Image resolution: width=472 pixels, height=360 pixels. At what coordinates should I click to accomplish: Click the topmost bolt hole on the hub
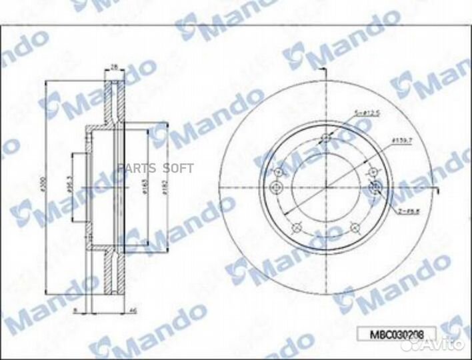[326, 139]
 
